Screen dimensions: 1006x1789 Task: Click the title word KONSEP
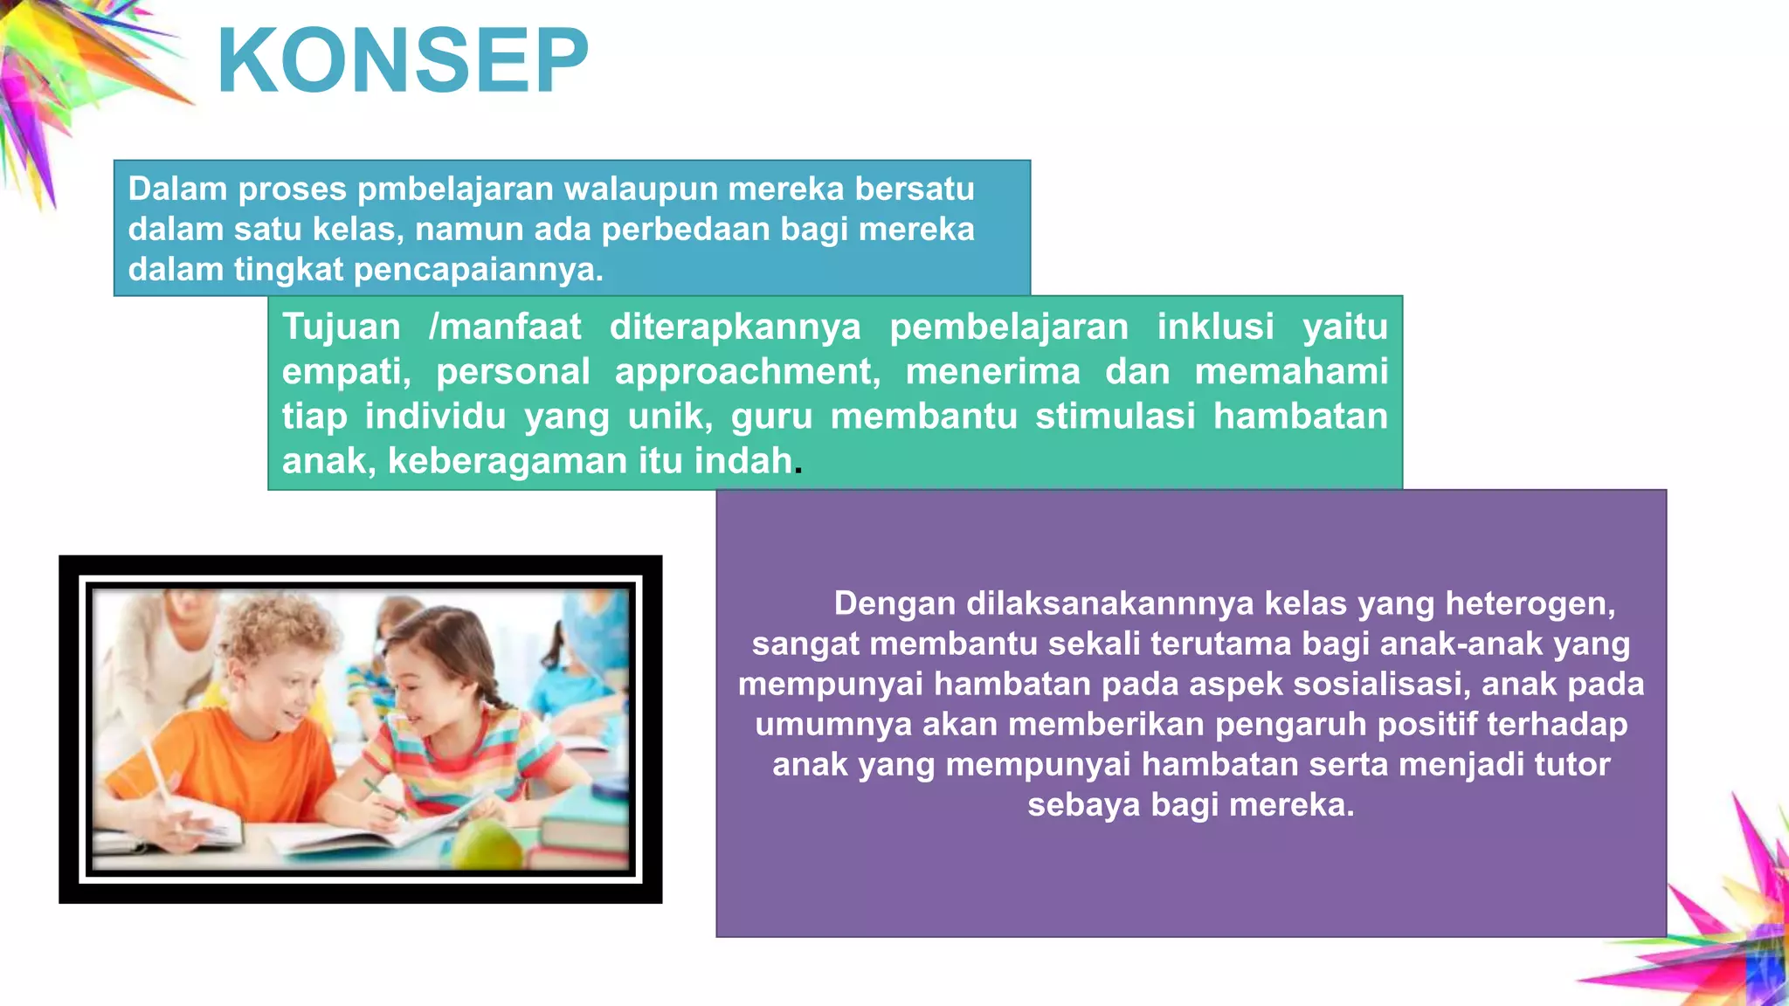[x=403, y=61]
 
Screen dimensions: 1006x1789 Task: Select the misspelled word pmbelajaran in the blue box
[x=455, y=189]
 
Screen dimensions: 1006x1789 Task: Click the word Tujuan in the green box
[x=341, y=327]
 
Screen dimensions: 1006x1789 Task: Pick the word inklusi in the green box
[x=1215, y=327]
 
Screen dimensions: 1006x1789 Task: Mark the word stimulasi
[x=1115, y=417]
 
